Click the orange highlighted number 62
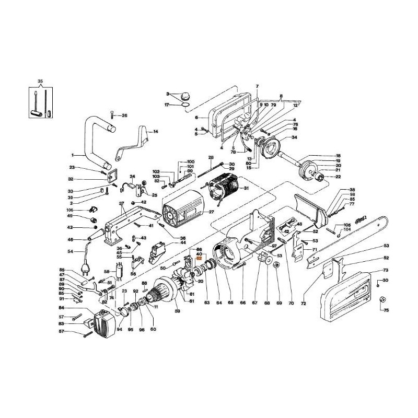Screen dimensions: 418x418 199,258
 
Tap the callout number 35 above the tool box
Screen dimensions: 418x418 40,82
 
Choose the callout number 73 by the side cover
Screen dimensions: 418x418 386,271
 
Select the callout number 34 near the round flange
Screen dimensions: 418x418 294,137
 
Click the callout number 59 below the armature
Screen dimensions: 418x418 177,311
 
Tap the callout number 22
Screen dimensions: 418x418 338,177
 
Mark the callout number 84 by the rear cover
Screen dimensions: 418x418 76,309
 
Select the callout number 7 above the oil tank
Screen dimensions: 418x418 257,86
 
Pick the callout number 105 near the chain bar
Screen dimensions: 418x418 347,225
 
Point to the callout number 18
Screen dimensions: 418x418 338,156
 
